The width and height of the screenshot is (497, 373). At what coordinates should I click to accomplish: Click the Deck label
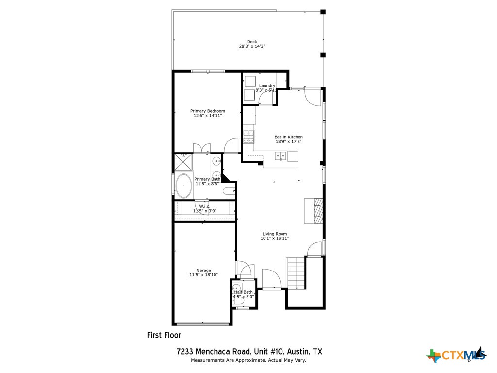(x=251, y=42)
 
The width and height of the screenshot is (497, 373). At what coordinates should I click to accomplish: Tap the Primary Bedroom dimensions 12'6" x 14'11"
(x=207, y=116)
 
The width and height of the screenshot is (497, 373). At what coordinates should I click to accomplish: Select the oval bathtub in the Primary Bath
(x=183, y=186)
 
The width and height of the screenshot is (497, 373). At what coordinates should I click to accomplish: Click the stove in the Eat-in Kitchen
(x=248, y=136)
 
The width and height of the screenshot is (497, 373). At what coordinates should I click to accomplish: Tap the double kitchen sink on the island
(x=281, y=156)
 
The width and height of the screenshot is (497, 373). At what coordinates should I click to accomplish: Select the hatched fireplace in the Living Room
(x=314, y=210)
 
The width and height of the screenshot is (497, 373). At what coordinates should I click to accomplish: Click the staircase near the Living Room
(x=295, y=272)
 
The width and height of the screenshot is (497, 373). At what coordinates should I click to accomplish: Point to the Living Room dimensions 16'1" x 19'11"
(x=275, y=238)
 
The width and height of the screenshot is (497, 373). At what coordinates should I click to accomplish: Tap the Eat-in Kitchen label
(x=288, y=137)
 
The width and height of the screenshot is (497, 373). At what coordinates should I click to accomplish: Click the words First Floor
(x=164, y=335)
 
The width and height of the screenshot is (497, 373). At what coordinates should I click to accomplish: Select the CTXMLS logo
(x=456, y=356)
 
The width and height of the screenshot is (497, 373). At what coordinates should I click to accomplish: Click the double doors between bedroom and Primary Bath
(x=201, y=148)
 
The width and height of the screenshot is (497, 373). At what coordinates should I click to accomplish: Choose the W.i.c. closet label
(x=204, y=206)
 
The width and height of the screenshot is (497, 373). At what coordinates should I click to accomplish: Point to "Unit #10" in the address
(x=269, y=351)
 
